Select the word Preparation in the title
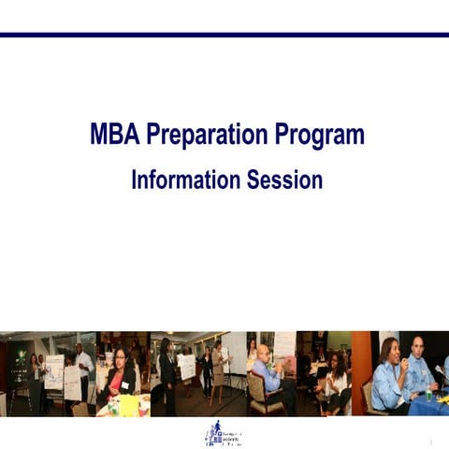click(207, 136)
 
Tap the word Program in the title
click(319, 136)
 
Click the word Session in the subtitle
click(284, 180)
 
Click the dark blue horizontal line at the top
click(224, 35)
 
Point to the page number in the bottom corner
click(431, 442)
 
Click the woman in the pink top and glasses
click(121, 373)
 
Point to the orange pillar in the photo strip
click(360, 360)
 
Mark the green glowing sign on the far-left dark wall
click(20, 355)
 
